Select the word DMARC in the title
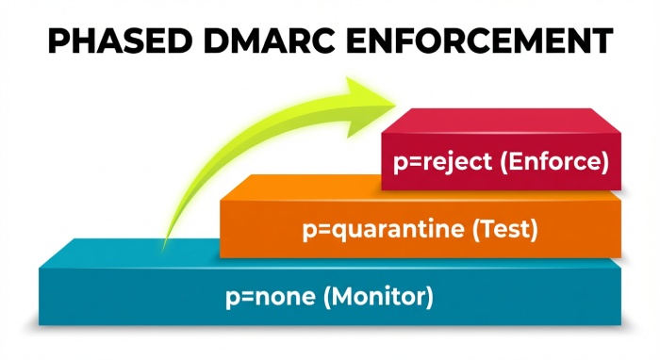point(273,41)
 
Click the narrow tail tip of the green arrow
point(166,247)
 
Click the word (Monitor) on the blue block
point(377,297)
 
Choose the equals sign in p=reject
point(412,162)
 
